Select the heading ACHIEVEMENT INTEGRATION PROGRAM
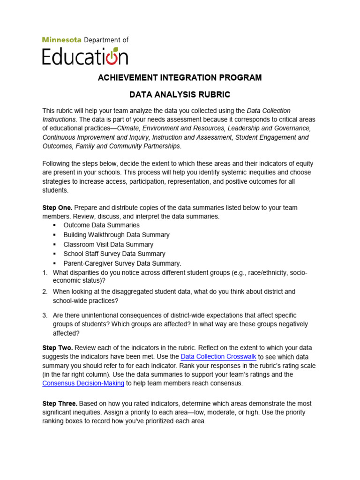coord(180,77)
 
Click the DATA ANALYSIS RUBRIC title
coord(180,95)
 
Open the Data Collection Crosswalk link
coord(218,357)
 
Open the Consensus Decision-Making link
coord(83,383)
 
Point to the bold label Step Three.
coord(60,404)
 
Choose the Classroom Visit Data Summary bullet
coord(108,245)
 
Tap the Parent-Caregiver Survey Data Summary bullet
coord(122,263)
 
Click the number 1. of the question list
coord(45,272)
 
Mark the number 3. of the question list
coord(45,315)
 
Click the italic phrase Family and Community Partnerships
coord(126,146)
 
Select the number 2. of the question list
coord(45,292)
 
